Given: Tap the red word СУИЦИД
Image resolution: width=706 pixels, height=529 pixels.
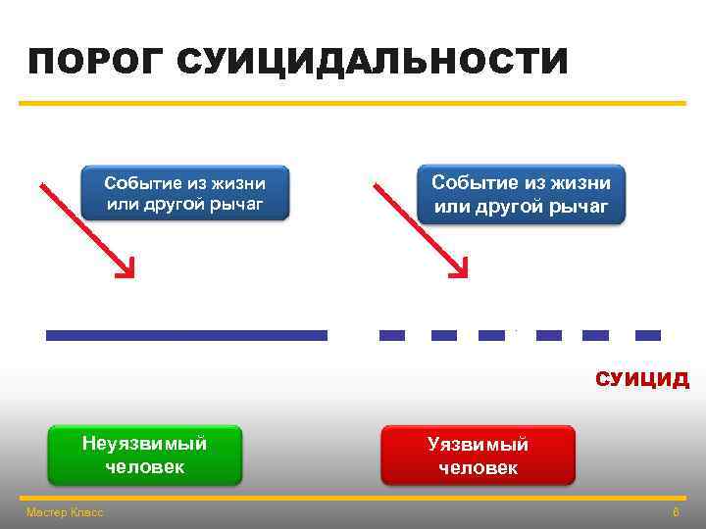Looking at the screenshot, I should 642,380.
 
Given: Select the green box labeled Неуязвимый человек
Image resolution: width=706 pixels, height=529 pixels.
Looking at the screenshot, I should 145,455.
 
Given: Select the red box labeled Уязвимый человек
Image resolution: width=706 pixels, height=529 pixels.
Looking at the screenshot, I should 478,456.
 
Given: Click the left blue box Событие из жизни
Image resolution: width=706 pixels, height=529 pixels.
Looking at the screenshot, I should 184,193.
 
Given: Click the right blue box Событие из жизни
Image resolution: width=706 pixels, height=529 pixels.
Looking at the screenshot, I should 521,194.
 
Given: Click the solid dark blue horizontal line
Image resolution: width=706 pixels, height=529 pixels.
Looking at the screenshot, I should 186,335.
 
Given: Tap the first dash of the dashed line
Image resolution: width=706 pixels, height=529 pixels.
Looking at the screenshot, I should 392,335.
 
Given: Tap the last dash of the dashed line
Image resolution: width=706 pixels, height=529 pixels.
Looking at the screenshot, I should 648,335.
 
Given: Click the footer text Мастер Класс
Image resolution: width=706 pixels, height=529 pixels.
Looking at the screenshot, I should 65,512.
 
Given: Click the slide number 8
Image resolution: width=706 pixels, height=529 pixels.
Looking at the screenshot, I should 676,512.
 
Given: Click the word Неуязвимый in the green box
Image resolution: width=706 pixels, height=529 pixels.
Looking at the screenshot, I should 145,443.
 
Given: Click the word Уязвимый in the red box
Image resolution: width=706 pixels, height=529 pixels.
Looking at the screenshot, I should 478,445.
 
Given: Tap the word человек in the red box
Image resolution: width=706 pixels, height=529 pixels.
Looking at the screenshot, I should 478,468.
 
